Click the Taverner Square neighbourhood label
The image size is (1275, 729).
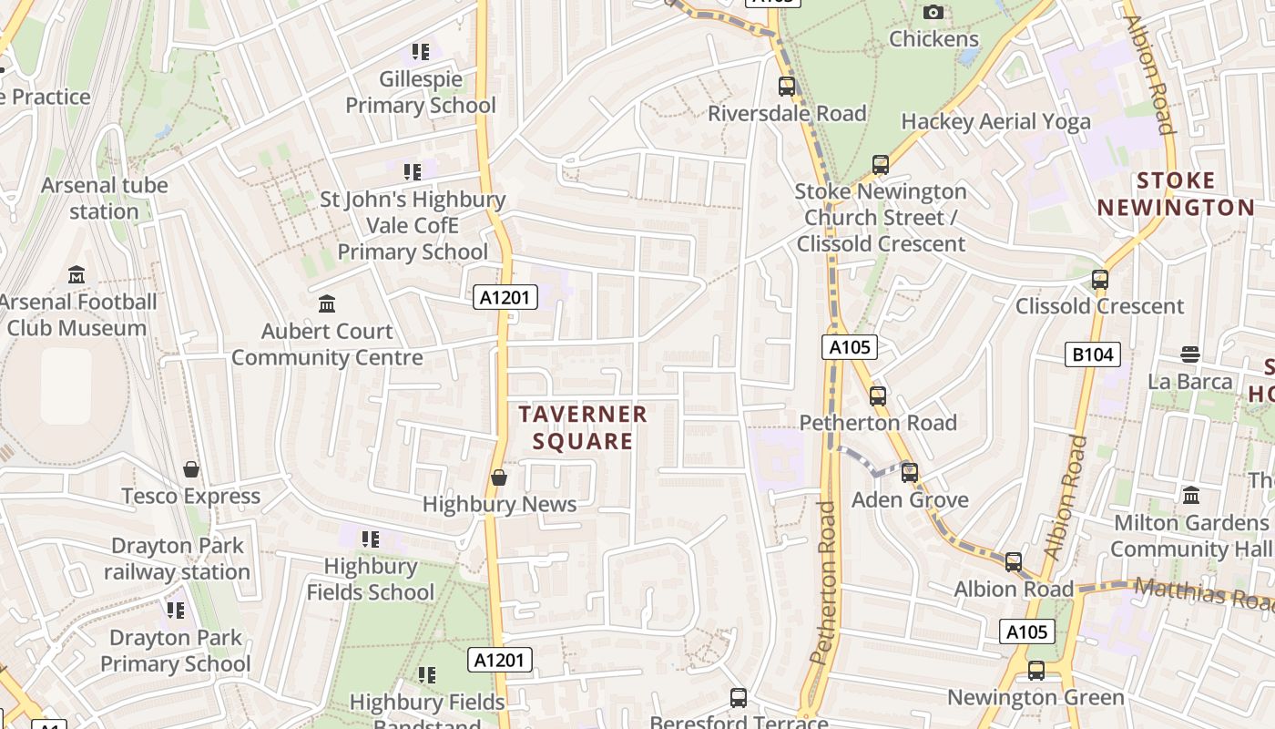click(x=583, y=427)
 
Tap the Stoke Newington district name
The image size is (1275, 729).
click(x=1176, y=194)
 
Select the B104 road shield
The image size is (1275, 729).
click(x=1092, y=354)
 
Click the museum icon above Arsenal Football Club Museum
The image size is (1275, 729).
click(x=76, y=274)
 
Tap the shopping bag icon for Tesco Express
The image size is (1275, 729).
click(x=191, y=469)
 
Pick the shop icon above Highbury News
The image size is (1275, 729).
click(x=499, y=477)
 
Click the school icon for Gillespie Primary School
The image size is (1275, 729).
click(x=420, y=52)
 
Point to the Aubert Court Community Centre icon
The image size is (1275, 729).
click(x=327, y=303)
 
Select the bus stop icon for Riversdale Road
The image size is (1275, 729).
click(x=787, y=87)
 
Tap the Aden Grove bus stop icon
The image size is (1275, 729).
click(x=909, y=473)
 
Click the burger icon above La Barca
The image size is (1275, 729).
click(x=1190, y=354)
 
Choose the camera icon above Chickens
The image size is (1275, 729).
click(x=933, y=12)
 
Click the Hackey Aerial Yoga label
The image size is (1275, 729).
click(x=995, y=121)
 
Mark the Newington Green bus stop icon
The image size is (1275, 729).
click(x=1036, y=671)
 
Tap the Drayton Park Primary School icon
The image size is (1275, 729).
click(x=175, y=610)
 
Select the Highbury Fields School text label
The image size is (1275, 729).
click(x=371, y=579)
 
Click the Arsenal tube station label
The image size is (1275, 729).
click(x=104, y=198)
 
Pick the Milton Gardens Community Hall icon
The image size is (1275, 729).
click(x=1190, y=496)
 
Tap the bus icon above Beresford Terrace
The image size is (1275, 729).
click(x=739, y=698)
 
